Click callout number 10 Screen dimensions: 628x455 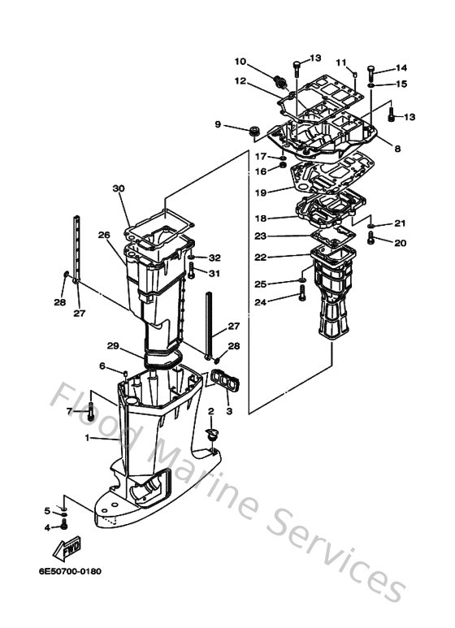click(240, 61)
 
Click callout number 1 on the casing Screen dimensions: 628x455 click(88, 439)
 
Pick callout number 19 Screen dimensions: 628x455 click(261, 193)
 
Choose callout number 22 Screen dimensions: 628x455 click(261, 257)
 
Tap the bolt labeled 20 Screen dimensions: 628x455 click(372, 237)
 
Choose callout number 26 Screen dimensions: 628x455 click(103, 236)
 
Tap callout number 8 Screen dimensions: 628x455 click(397, 148)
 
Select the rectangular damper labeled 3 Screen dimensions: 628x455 click(220, 380)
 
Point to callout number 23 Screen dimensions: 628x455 click(260, 236)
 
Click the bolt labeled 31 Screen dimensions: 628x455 click(191, 270)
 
